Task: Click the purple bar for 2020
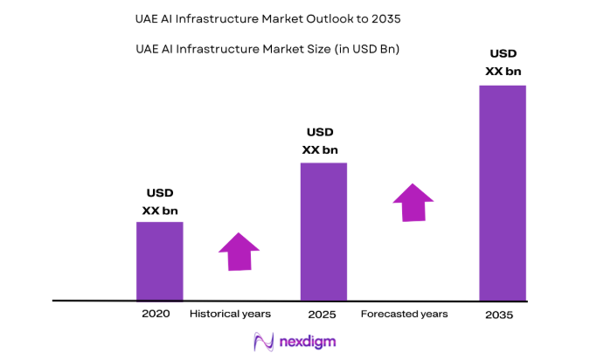coord(159,260)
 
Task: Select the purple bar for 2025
coord(323,232)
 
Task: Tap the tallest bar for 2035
coord(503,192)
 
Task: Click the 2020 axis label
coord(156,313)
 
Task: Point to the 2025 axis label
coord(323,314)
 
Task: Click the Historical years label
coord(230,313)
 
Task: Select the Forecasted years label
coord(404,313)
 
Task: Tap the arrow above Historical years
coord(238,252)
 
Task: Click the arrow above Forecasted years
coord(413,202)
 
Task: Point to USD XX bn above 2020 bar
coord(160,202)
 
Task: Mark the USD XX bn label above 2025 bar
coord(320,142)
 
